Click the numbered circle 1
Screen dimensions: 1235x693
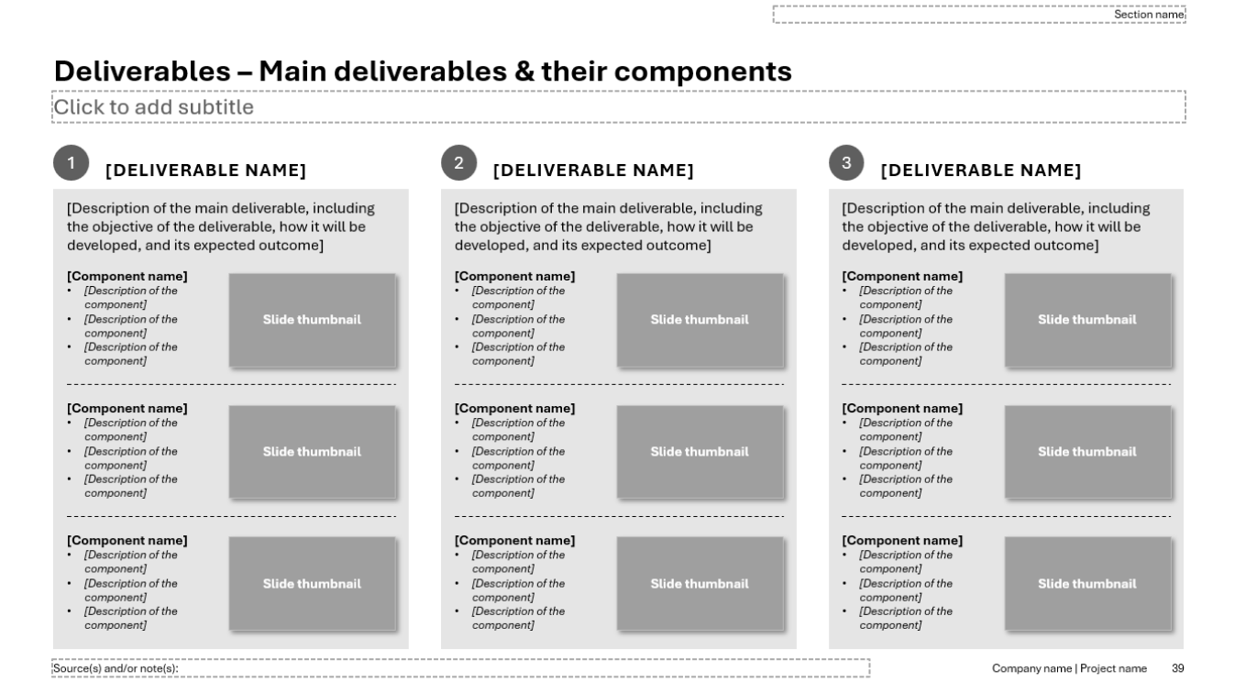(x=72, y=162)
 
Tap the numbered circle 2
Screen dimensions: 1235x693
(x=458, y=162)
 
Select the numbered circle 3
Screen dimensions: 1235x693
(x=846, y=162)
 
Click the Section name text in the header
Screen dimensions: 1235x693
(x=1149, y=15)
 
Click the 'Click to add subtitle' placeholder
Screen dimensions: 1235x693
(x=154, y=107)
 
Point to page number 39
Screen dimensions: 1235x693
(x=1177, y=668)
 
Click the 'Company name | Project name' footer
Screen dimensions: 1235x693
(x=1069, y=668)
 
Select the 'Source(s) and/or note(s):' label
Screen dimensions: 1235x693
(x=116, y=668)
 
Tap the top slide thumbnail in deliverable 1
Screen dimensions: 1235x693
(x=312, y=320)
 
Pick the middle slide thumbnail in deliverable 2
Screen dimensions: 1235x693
(x=700, y=452)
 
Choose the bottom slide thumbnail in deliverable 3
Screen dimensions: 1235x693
(x=1087, y=583)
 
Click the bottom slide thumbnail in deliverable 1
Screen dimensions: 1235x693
(x=312, y=583)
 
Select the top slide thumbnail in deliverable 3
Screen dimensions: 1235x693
(x=1087, y=320)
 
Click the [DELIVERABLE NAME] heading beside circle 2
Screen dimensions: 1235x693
(x=593, y=170)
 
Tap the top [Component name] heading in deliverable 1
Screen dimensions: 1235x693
(x=127, y=276)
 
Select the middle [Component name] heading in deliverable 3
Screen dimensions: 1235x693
(x=902, y=409)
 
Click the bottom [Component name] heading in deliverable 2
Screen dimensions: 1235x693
(x=514, y=541)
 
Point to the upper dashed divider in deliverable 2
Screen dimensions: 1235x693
(x=619, y=384)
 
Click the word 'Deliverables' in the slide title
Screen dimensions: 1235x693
(x=142, y=71)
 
